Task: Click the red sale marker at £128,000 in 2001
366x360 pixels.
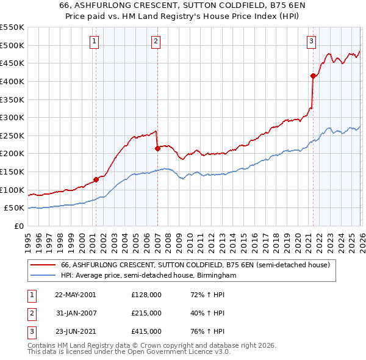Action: pyautogui.click(x=96, y=179)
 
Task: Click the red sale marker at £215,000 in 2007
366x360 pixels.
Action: pyautogui.click(x=157, y=148)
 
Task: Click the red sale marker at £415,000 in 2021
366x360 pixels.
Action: pyautogui.click(x=313, y=76)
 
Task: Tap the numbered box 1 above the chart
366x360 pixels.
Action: pyautogui.click(x=96, y=41)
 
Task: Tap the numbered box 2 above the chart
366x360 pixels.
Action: pyautogui.click(x=156, y=41)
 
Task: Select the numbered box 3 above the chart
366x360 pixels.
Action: pyautogui.click(x=311, y=41)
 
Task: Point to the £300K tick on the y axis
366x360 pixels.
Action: pyautogui.click(x=12, y=117)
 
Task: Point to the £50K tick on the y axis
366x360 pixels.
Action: pyautogui.click(x=15, y=208)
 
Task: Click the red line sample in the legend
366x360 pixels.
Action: pyautogui.click(x=43, y=265)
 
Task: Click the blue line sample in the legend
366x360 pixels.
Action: pyautogui.click(x=43, y=276)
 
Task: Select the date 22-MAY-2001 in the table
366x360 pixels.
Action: pyautogui.click(x=75, y=295)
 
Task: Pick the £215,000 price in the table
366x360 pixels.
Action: pyautogui.click(x=146, y=313)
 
